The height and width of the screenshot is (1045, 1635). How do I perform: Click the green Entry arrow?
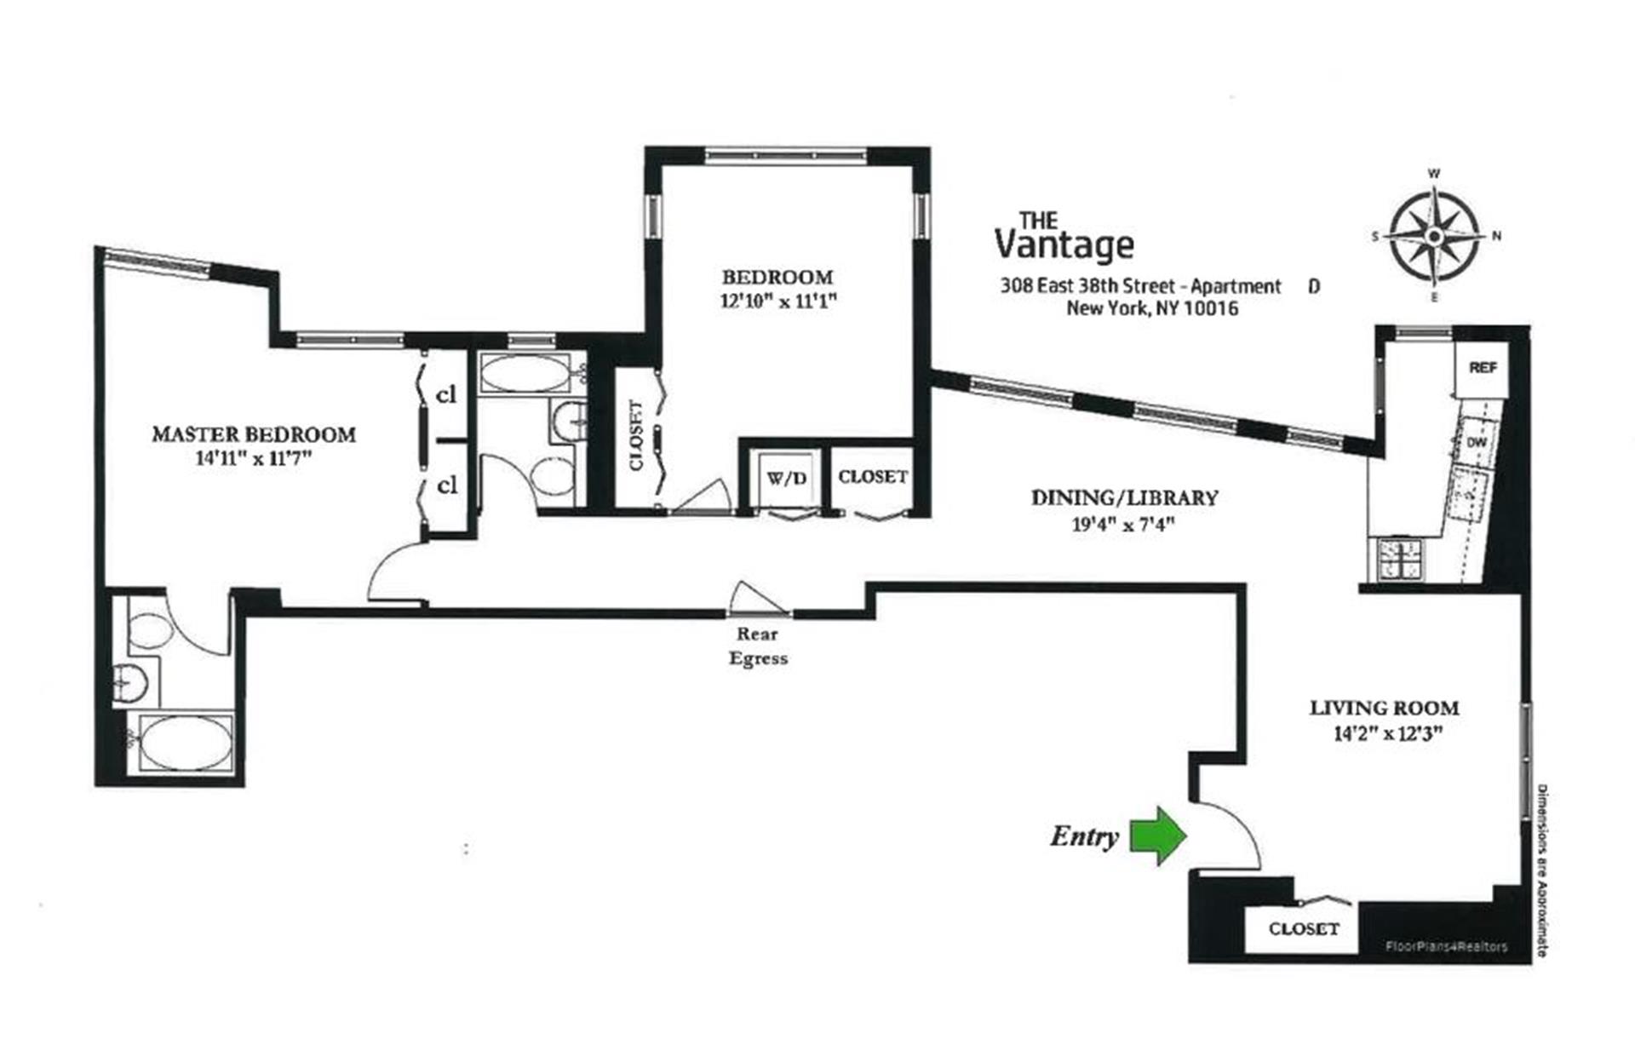click(1158, 835)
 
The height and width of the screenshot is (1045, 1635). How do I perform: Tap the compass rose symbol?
click(1434, 235)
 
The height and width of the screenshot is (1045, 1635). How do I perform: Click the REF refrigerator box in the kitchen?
click(1482, 368)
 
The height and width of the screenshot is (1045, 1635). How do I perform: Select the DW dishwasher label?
click(1477, 443)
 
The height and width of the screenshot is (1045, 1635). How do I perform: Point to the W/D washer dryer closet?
click(786, 479)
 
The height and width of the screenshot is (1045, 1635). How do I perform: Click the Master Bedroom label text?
click(254, 434)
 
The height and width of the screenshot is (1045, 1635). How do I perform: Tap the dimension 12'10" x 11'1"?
click(778, 301)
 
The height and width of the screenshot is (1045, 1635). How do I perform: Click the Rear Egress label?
click(757, 646)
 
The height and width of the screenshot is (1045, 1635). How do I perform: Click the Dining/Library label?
click(1124, 497)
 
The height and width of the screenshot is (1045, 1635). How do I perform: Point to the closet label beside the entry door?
click(1303, 929)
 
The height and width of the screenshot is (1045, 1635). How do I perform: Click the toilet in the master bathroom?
click(148, 631)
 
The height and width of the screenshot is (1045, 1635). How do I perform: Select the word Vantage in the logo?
click(1064, 244)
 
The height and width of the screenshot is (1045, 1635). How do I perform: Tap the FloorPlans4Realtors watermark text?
click(1446, 946)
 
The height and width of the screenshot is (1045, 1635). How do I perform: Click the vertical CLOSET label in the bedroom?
click(635, 435)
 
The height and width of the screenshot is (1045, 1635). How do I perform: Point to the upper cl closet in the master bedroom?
click(446, 395)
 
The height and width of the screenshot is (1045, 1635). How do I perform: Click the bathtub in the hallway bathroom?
click(525, 374)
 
